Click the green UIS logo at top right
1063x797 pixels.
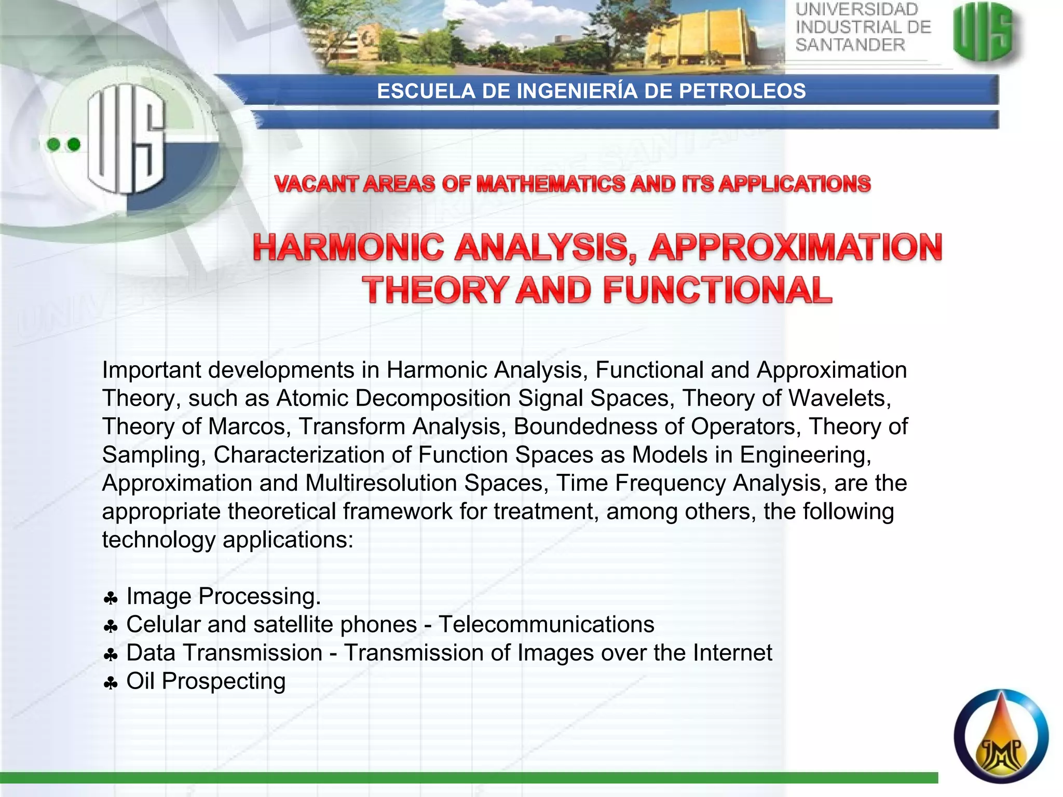click(x=984, y=32)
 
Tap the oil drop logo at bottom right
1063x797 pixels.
click(x=1001, y=736)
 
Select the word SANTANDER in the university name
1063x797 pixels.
click(x=850, y=45)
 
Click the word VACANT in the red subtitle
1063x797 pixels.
click(x=316, y=184)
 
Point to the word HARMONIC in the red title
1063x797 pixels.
click(x=348, y=248)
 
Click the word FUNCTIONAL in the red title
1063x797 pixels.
click(x=717, y=290)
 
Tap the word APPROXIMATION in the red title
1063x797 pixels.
click(x=795, y=248)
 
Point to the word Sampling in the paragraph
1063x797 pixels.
click(x=151, y=455)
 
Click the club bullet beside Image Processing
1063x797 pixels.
click(x=111, y=599)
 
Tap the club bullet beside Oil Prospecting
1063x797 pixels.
click(x=111, y=684)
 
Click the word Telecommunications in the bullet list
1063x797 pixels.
click(x=546, y=624)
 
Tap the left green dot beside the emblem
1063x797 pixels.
click(x=53, y=144)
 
